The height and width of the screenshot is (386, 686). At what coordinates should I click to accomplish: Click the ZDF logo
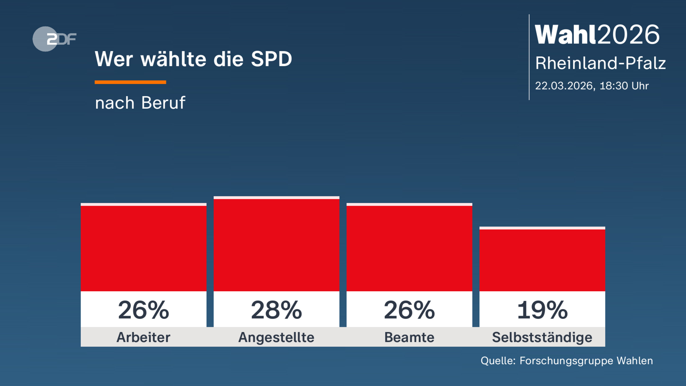tap(54, 39)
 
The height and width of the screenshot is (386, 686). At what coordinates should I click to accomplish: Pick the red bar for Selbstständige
tap(542, 260)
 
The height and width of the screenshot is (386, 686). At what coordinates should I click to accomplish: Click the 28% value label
tap(276, 310)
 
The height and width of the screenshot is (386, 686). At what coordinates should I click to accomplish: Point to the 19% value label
tap(542, 310)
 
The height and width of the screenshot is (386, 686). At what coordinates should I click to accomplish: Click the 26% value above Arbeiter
tap(143, 310)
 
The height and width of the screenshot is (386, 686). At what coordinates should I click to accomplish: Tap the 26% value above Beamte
tap(409, 310)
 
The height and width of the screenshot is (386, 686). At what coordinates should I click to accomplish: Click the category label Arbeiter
tap(143, 337)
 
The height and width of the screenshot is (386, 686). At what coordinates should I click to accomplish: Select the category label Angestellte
tap(276, 337)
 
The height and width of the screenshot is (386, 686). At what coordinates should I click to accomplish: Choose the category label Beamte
tap(409, 337)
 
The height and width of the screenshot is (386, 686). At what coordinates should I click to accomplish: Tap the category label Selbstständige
tap(542, 337)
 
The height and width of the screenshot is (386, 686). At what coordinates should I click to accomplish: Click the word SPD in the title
tap(271, 59)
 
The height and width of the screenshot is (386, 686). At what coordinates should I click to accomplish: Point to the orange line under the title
tap(130, 82)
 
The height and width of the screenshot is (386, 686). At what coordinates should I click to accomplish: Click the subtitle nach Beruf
tap(140, 103)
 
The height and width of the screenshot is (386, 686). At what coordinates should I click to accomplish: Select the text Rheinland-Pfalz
tap(600, 63)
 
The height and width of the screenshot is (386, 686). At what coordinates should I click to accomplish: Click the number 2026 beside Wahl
tap(628, 35)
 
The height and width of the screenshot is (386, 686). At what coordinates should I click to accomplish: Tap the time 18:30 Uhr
tap(624, 86)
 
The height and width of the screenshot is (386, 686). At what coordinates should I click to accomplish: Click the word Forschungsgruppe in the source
tap(566, 361)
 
